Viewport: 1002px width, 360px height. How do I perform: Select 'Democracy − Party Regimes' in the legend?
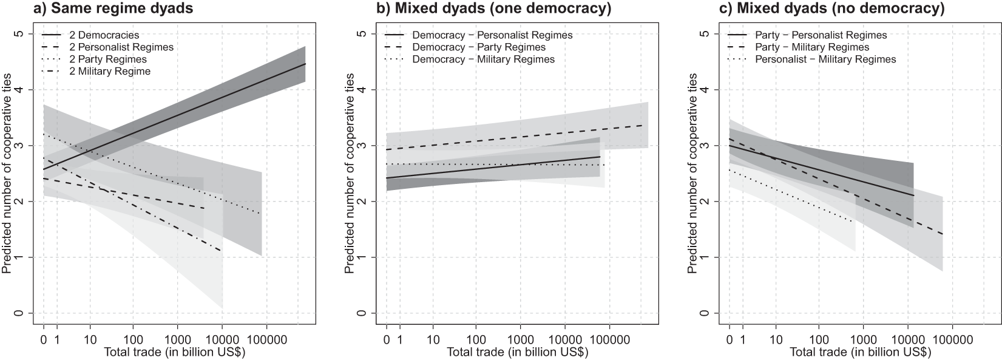(x=479, y=47)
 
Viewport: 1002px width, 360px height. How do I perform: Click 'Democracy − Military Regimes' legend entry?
(x=483, y=59)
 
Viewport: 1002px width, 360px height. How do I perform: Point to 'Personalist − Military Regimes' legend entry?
(x=825, y=59)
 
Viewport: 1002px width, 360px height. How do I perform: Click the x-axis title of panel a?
(x=174, y=353)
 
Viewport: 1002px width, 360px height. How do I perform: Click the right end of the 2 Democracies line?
(x=305, y=64)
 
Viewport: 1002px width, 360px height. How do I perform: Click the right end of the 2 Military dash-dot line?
(x=222, y=251)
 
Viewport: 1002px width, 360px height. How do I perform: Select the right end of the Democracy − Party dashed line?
(x=643, y=125)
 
